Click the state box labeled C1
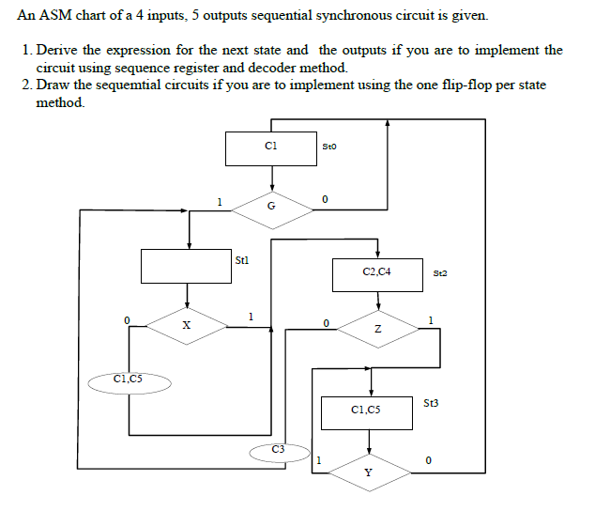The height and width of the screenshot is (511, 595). tap(270, 148)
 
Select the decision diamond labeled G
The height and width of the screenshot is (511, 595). tap(271, 206)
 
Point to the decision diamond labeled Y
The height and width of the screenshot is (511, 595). tap(369, 470)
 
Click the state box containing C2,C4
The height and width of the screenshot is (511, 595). tap(376, 272)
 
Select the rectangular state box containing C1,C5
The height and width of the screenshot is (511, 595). tap(370, 410)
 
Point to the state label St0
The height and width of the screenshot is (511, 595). tap(328, 147)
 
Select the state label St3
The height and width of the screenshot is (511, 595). tap(431, 403)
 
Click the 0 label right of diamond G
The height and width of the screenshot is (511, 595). tap(324, 199)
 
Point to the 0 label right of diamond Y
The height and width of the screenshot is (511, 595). tap(427, 460)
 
